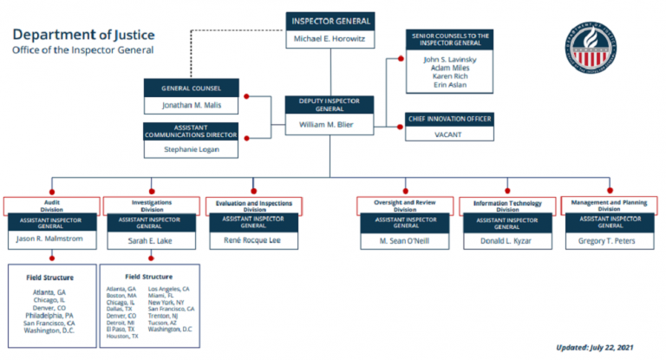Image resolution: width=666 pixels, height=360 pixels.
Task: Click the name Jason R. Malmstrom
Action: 51,239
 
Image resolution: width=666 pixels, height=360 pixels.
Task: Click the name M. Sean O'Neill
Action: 405,240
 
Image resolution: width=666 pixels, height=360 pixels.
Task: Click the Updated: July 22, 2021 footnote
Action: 601,346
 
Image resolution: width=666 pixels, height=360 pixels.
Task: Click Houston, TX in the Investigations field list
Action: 121,336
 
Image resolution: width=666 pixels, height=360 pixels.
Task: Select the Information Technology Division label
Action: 508,205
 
